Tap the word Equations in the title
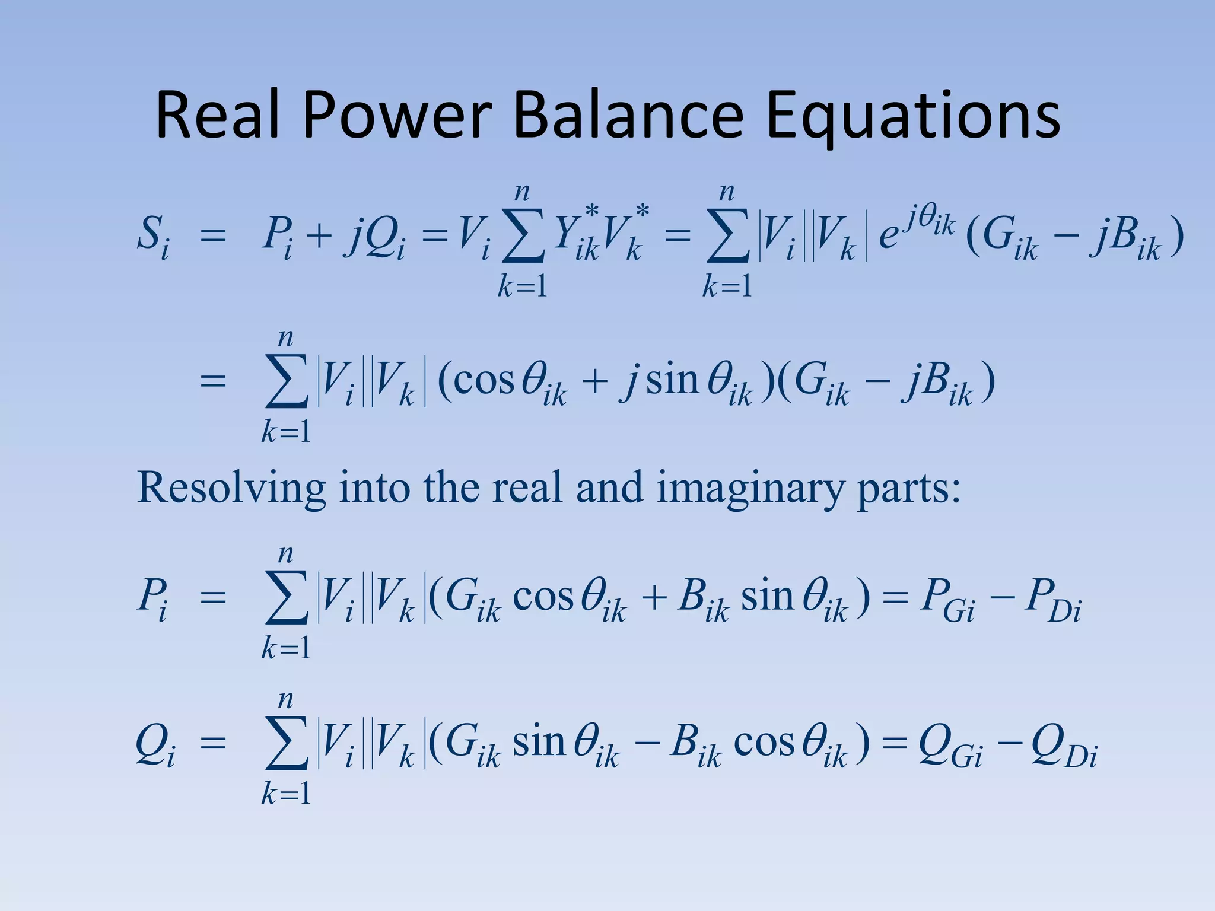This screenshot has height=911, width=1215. coord(913,116)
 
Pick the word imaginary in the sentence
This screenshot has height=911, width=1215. coord(750,489)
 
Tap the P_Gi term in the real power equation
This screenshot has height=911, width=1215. coord(946,599)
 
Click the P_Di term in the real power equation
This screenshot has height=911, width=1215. coord(1054,599)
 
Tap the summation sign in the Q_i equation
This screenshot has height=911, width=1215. coord(287,744)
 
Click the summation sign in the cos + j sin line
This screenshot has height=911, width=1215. coord(287,382)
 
